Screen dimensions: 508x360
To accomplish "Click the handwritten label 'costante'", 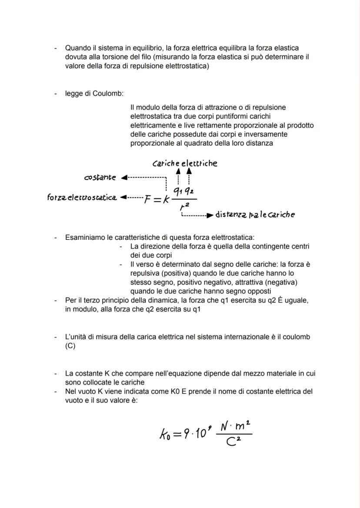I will click(100, 177).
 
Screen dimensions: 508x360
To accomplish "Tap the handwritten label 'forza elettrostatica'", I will click(82, 198).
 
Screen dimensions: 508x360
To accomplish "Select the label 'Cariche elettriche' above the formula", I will click(185, 163).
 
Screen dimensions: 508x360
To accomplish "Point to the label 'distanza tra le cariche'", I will click(255, 215).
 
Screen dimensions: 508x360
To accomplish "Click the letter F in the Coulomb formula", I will click(148, 199).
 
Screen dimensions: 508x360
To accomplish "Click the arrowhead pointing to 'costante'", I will click(124, 177).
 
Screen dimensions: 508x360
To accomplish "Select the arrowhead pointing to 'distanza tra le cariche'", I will click(210, 215).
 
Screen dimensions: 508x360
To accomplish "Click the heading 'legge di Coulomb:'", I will click(94, 93).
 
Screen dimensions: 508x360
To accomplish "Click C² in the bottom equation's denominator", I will click(234, 442).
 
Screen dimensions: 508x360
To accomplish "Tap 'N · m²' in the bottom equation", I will click(234, 426).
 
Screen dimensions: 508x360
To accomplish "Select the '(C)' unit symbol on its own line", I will click(70, 346).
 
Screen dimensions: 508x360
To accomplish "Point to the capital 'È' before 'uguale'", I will click(280, 300).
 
